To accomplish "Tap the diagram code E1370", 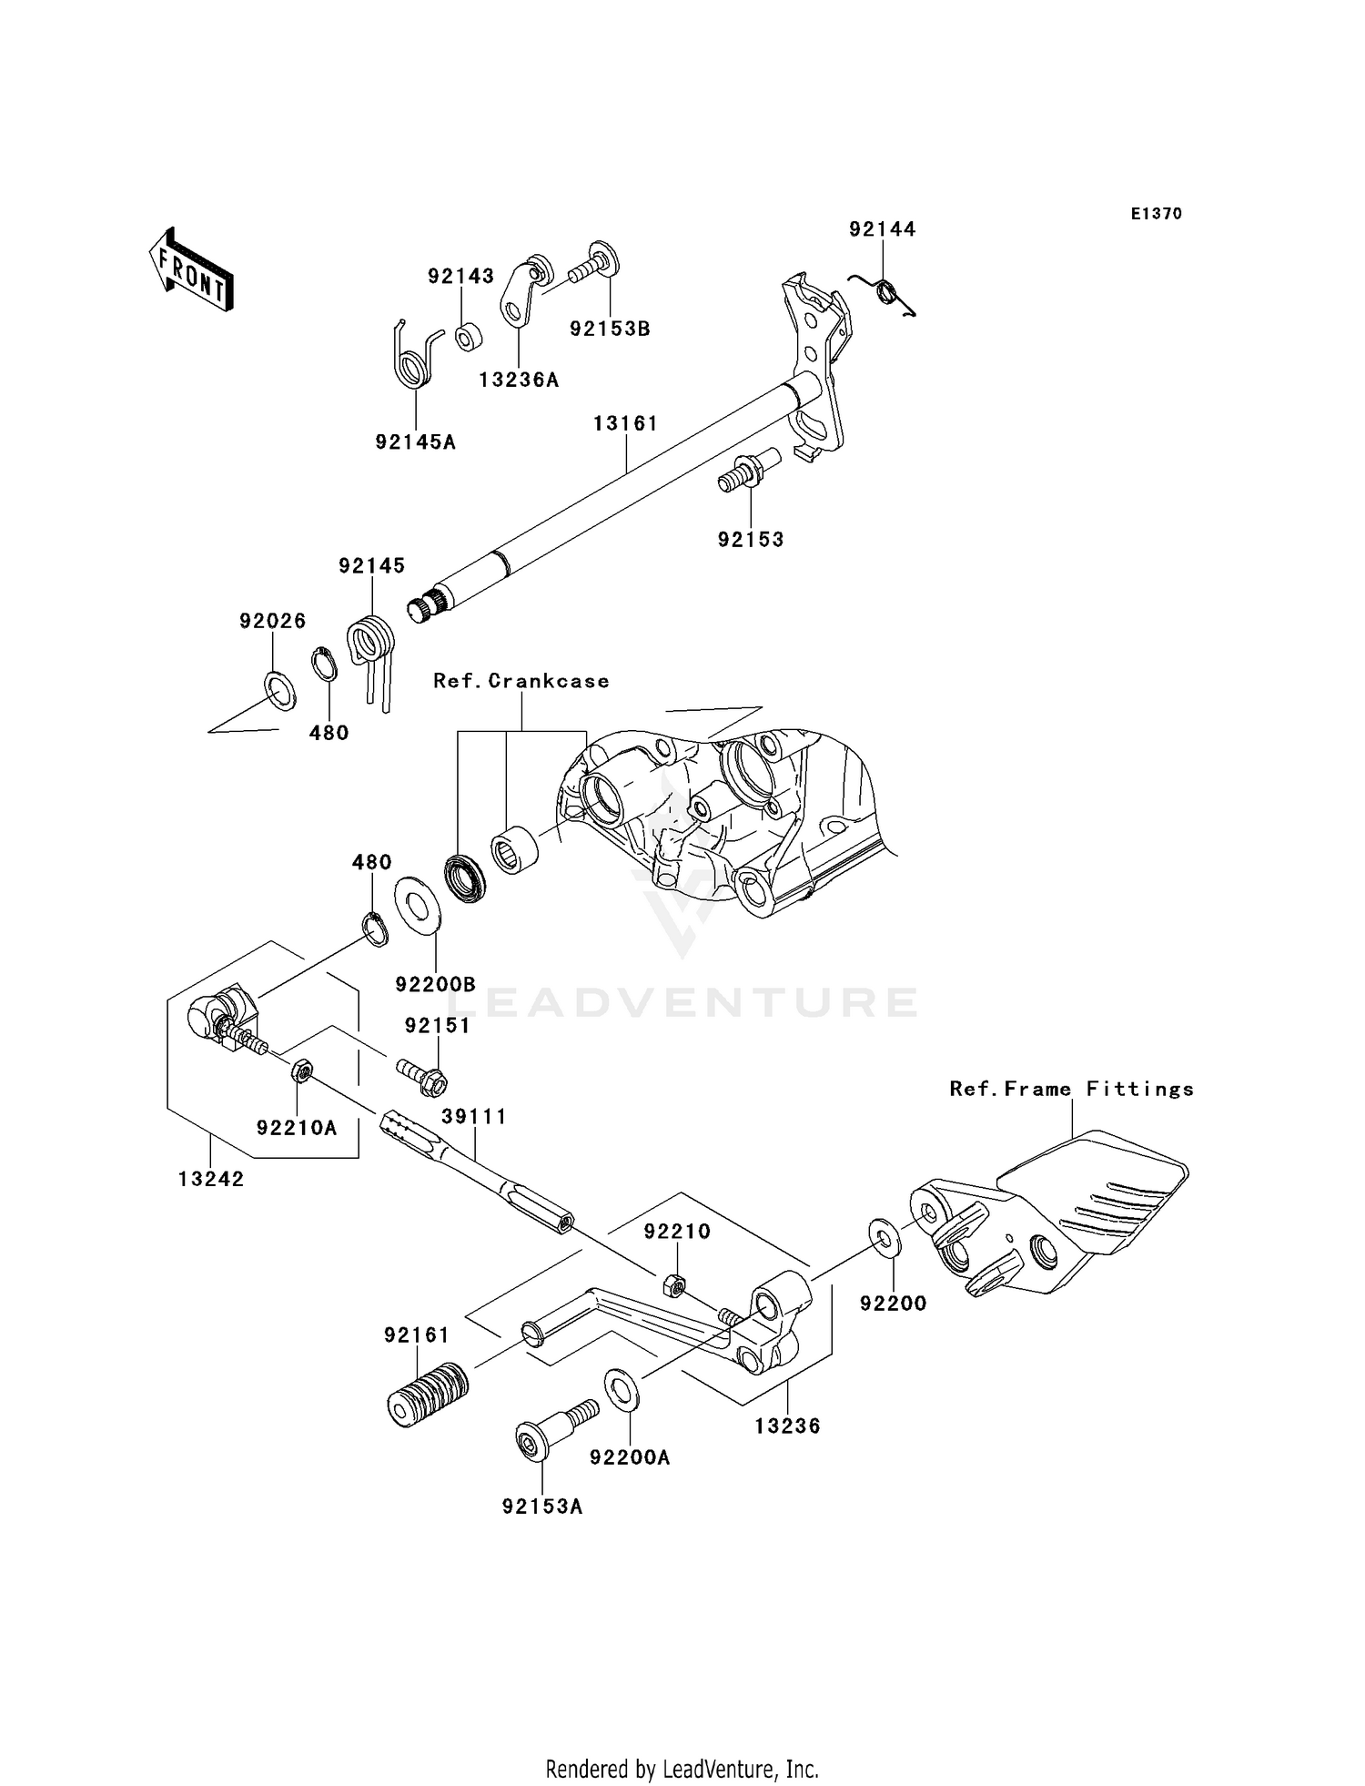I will [1156, 214].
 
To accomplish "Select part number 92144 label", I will [882, 229].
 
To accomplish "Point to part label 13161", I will [625, 423].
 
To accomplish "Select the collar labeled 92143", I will [470, 337].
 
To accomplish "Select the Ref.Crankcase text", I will [521, 681].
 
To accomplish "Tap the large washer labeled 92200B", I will [418, 904].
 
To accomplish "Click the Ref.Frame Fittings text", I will [1071, 1089].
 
